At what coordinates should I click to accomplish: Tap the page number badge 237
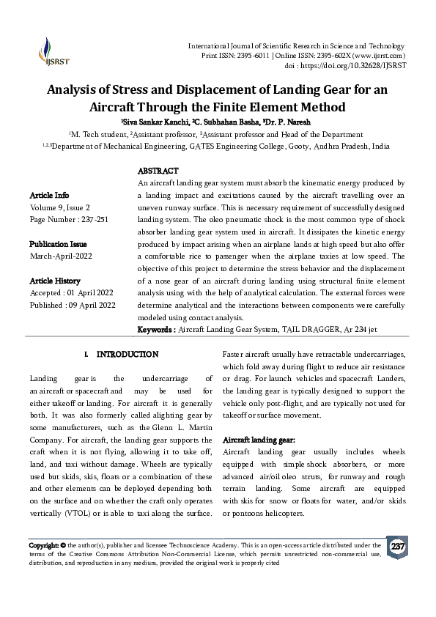point(398,547)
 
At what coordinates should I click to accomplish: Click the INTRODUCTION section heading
point(127,355)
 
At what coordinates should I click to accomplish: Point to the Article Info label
point(50,196)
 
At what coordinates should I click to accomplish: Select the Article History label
point(56,281)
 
